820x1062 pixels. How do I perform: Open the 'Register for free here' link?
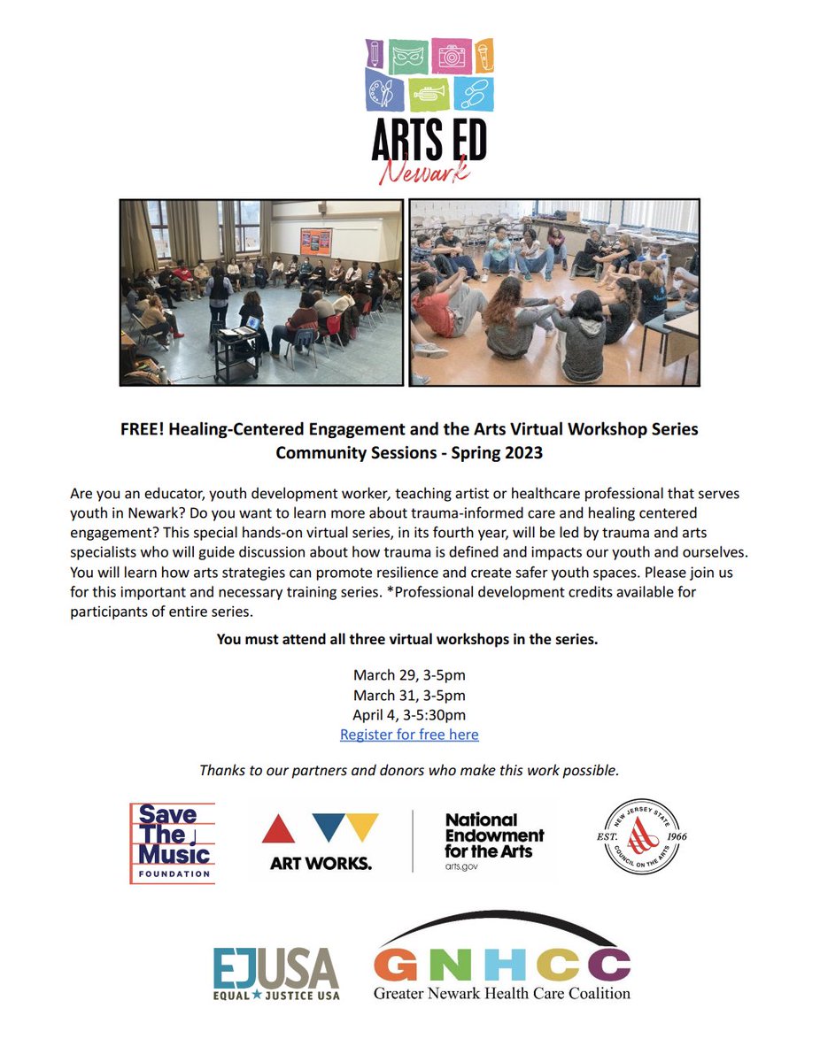409,735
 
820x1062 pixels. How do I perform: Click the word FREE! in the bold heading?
142,429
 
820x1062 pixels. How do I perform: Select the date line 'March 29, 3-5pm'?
409,675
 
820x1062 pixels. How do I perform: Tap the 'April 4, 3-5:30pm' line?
409,715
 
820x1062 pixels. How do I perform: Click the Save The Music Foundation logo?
173,843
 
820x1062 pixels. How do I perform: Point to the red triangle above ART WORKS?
278,829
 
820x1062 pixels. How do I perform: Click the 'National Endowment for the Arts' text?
494,836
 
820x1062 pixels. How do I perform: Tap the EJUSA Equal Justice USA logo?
276,973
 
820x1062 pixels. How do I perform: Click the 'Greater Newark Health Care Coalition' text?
502,992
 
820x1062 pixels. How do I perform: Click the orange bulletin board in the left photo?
316,241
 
